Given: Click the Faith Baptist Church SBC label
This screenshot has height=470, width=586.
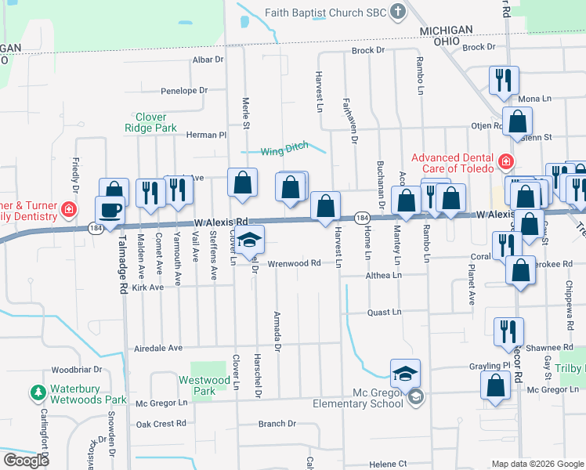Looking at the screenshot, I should point(326,12).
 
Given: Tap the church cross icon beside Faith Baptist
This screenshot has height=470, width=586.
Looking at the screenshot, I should point(398,12).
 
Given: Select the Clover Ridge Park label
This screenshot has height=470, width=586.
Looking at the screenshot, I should point(151,122).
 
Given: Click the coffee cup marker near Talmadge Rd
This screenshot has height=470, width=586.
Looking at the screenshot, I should point(110,211).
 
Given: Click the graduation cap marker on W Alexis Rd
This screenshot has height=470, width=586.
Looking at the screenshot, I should point(251,240).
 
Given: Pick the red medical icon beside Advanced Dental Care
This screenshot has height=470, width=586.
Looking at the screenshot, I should point(506,162).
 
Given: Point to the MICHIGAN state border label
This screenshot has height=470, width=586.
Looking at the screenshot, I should point(446,30).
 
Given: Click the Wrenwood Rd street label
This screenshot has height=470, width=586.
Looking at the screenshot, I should point(295,263).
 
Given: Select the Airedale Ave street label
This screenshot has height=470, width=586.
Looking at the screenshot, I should point(158,348).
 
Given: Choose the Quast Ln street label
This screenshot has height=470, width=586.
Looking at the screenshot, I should point(385,312).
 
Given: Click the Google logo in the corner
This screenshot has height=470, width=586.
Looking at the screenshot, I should point(26,461).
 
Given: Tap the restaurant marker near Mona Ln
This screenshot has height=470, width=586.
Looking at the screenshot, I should point(502,79).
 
